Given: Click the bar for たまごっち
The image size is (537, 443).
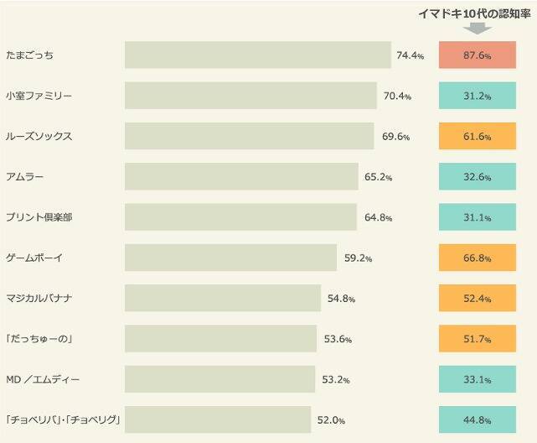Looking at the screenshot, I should pos(258,55).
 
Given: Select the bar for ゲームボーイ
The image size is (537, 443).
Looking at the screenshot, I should pos(230,258).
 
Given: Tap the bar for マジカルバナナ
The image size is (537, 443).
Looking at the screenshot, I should pos(223,298).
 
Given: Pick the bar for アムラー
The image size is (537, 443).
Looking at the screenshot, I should pos(241,177).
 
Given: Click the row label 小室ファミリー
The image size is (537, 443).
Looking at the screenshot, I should pos(39,96).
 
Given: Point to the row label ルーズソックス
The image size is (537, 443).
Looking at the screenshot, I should pos(39,137).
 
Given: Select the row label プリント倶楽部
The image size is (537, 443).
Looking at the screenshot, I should pos(39,217).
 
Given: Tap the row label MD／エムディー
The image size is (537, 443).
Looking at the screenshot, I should pos(43,379).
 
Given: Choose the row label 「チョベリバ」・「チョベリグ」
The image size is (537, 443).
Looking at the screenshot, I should pos(64,420).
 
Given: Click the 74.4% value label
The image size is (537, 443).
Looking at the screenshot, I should pos(410,56).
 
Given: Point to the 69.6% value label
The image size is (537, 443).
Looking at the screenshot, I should pos(395,137).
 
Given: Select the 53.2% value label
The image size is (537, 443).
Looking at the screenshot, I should pos(336,379).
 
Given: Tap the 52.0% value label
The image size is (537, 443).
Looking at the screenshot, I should pos(331,420).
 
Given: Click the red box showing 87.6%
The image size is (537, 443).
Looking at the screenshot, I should pos(477,55).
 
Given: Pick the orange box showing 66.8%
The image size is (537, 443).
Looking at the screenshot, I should pos(477,258).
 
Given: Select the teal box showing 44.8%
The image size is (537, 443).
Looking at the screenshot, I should pos(477,420).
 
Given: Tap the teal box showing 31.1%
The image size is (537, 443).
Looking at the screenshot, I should pos(477,217).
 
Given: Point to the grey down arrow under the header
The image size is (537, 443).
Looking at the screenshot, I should pos(477,28).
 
